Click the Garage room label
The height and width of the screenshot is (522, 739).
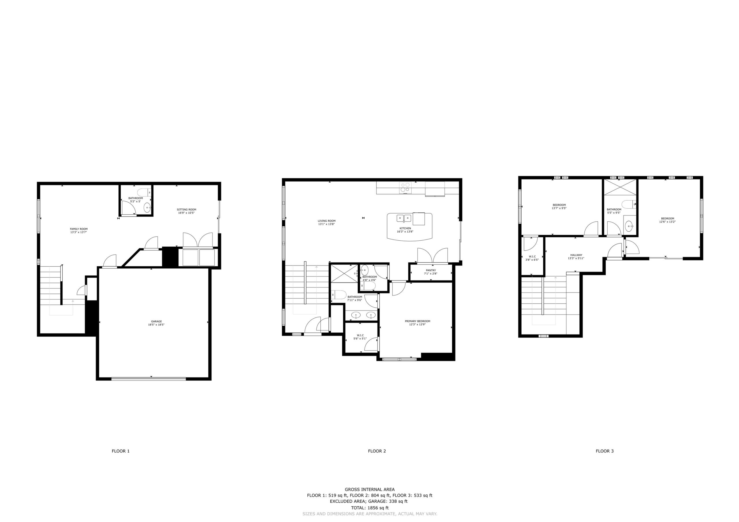click(x=156, y=321)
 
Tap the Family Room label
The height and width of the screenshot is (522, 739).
click(x=79, y=229)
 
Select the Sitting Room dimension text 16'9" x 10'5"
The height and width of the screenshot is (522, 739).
click(x=186, y=213)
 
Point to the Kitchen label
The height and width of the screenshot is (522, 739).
click(x=405, y=228)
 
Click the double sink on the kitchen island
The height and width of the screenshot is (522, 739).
click(x=404, y=219)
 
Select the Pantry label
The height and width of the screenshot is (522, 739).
click(x=431, y=270)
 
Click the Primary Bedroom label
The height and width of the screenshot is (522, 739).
click(x=417, y=321)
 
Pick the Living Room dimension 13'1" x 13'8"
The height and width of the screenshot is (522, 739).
click(x=327, y=224)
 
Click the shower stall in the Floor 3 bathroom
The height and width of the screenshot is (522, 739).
click(x=620, y=187)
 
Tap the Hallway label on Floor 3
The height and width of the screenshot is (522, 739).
click(x=576, y=255)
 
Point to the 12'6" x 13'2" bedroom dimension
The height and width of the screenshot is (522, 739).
click(x=667, y=221)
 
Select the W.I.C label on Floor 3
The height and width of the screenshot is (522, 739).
click(x=532, y=257)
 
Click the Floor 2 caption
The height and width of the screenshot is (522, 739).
click(x=377, y=451)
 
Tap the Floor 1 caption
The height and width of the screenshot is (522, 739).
click(x=121, y=451)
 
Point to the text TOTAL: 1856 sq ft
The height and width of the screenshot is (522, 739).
click(x=370, y=508)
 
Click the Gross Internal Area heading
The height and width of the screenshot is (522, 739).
click(x=370, y=489)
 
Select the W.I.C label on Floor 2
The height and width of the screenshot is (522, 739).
click(x=360, y=335)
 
